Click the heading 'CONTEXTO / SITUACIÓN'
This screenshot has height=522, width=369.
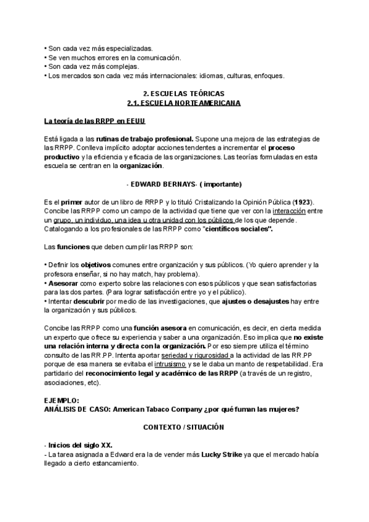[183, 427]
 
